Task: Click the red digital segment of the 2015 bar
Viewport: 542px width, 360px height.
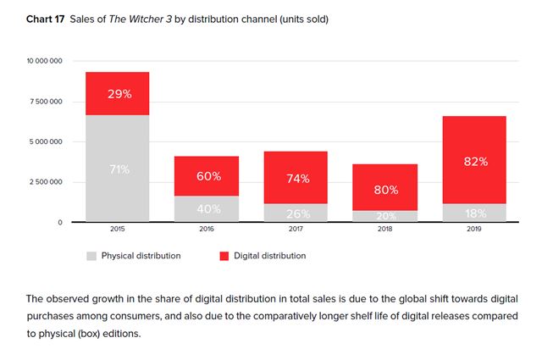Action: coord(117,94)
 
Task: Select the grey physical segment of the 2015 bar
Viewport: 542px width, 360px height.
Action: coord(117,169)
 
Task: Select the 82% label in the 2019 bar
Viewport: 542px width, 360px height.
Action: coord(474,162)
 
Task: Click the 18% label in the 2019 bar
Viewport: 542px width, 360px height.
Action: coord(474,213)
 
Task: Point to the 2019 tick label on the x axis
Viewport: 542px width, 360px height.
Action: coord(474,229)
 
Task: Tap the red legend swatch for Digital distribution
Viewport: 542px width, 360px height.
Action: coord(224,255)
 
